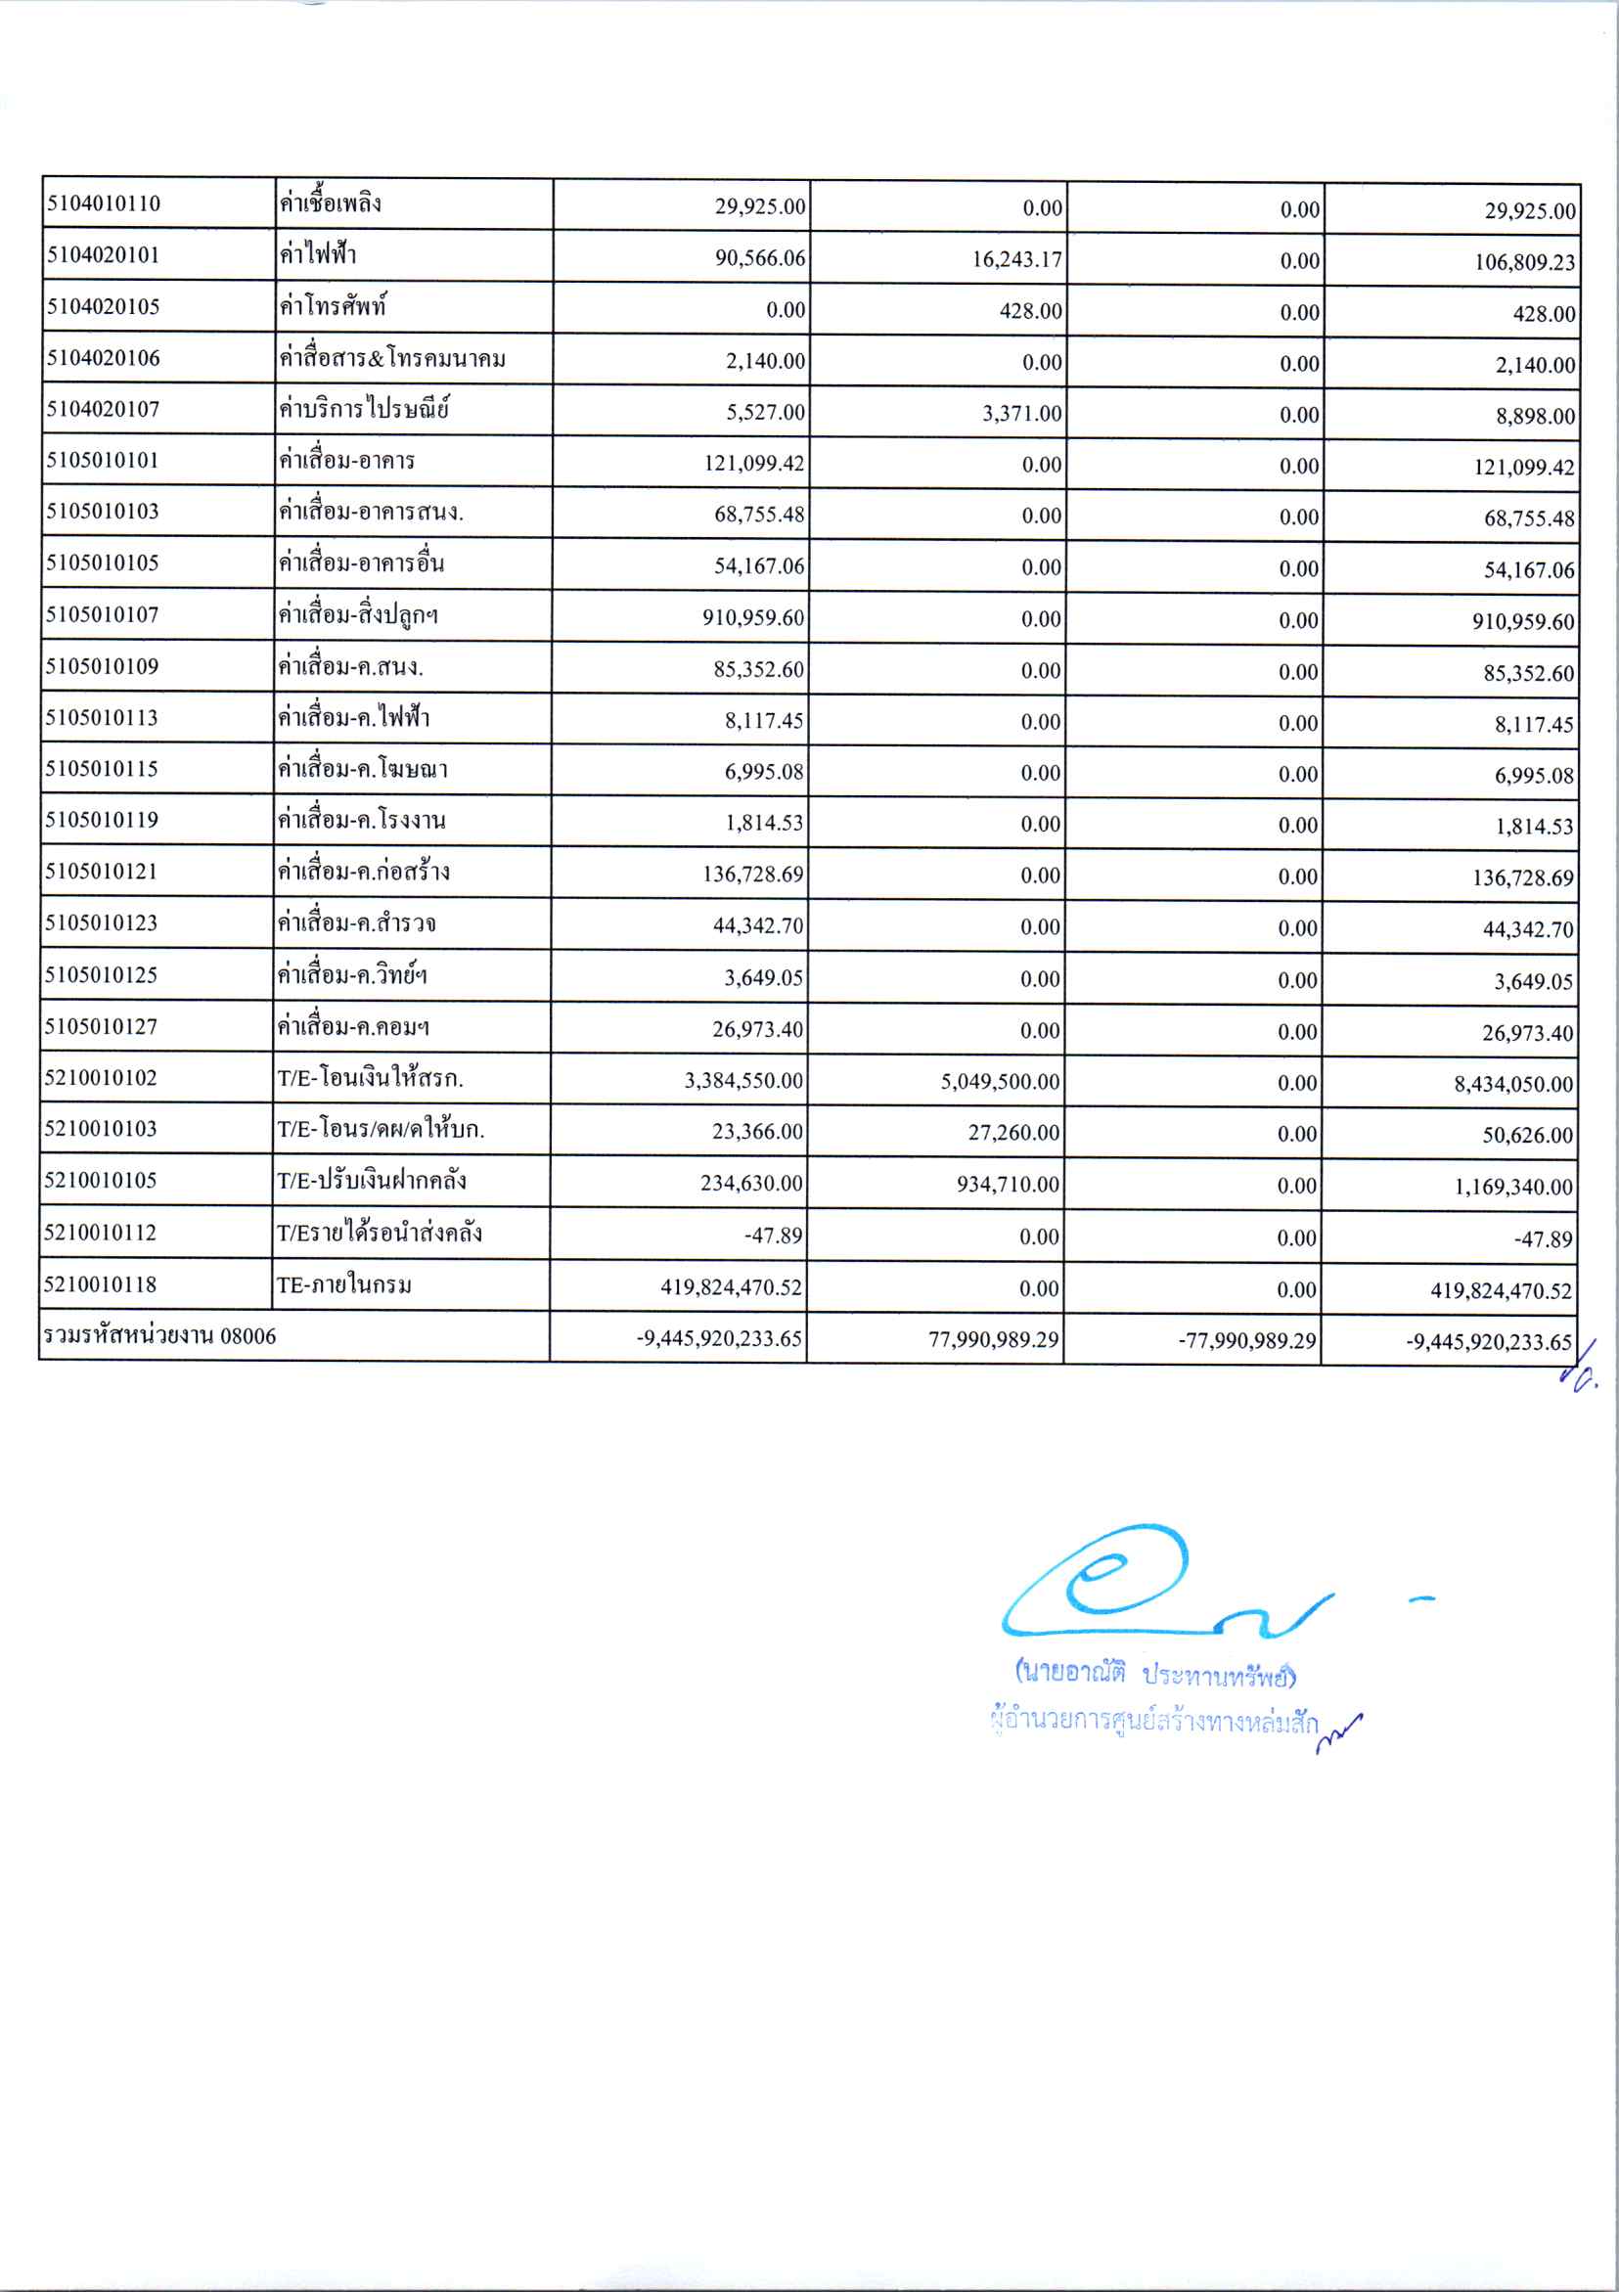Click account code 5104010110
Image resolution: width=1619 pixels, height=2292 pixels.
[103, 203]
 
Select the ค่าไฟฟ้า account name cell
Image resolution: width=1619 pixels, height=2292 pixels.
[317, 255]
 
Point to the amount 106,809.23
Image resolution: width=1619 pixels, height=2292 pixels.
[1524, 262]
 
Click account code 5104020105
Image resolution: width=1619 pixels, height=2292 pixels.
[103, 306]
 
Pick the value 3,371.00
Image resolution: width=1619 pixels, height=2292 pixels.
[1022, 413]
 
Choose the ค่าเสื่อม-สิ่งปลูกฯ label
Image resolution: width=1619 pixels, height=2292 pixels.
[358, 615]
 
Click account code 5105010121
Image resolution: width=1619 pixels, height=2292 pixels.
[102, 872]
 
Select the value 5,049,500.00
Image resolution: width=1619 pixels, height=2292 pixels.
[999, 1082]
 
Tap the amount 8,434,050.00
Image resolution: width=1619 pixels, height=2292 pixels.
[1512, 1084]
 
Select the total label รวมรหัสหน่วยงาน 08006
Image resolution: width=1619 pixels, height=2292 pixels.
[159, 1336]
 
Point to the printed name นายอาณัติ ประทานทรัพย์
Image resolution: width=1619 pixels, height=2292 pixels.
[1155, 1674]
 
